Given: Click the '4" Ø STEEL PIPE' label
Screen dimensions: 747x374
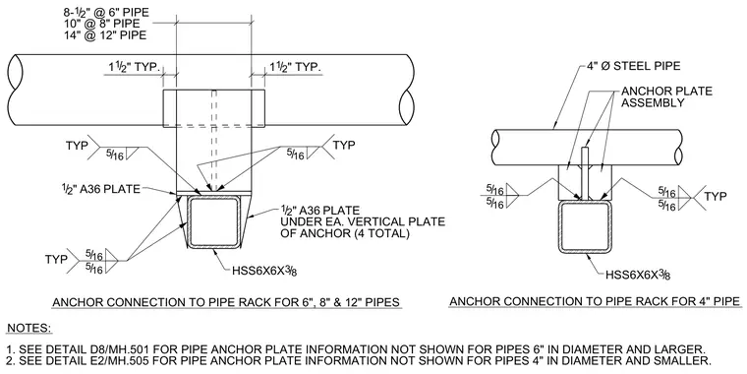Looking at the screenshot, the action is [633, 66].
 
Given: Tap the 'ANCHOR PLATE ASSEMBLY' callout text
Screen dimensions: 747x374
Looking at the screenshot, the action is [667, 96].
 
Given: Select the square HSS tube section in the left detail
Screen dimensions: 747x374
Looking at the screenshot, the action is [213, 222].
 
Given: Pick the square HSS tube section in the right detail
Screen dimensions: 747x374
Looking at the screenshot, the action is [586, 227].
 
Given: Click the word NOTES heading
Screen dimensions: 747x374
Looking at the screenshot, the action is [29, 328].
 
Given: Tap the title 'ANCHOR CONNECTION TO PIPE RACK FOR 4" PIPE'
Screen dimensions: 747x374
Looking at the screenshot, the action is [595, 301].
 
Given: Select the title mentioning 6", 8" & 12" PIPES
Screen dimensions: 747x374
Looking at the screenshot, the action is [226, 302].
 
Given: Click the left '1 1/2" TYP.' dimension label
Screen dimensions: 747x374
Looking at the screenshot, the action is [132, 68].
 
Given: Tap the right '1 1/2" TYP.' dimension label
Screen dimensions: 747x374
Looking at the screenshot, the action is [296, 67].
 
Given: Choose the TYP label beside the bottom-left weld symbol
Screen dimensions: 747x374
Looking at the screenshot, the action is [56, 259].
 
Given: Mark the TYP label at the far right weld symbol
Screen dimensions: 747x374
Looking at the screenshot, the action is [716, 196].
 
